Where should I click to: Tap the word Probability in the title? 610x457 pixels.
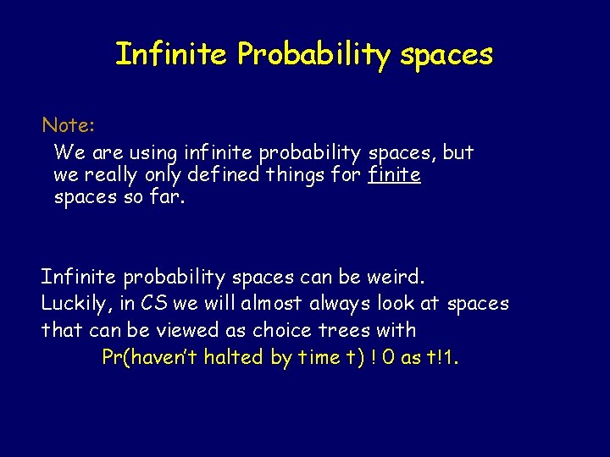tap(313, 56)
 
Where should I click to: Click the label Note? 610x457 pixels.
tap(69, 126)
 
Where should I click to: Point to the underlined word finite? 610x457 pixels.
tap(395, 176)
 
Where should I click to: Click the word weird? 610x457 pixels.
tap(399, 277)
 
